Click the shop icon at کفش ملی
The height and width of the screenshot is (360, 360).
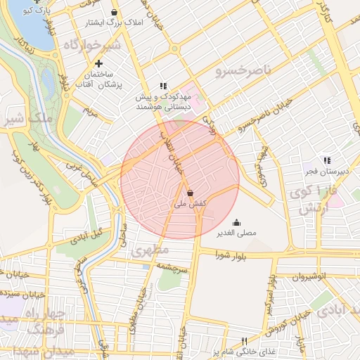point(191,192)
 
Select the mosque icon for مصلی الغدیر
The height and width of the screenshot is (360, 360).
point(235,222)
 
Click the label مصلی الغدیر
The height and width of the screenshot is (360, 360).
point(235,232)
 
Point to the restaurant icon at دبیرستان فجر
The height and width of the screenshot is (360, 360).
point(326,160)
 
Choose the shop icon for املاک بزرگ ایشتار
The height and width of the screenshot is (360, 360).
point(114,13)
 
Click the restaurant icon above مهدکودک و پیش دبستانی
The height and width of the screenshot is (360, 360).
point(163,86)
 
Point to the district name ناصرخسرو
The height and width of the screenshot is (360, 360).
point(242,72)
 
